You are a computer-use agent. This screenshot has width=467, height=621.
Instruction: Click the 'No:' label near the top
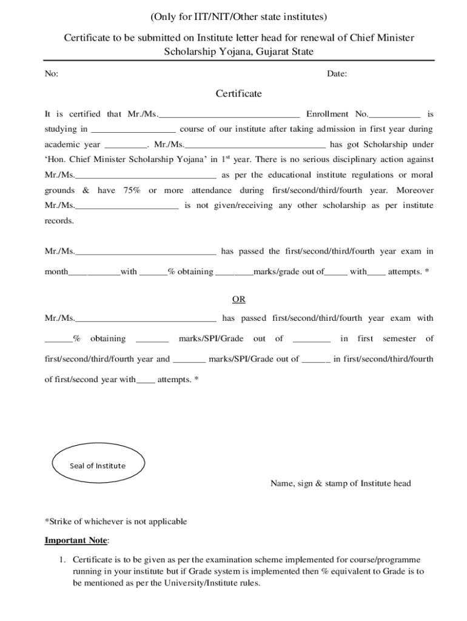(x=52, y=74)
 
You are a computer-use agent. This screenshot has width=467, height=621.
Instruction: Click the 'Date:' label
(x=337, y=74)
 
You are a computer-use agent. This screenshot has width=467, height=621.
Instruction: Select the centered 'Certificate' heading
(x=239, y=93)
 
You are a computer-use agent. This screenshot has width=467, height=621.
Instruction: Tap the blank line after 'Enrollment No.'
(x=394, y=115)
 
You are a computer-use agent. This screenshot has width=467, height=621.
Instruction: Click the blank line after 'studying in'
(x=133, y=130)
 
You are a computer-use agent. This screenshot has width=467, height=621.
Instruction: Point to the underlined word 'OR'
(x=239, y=299)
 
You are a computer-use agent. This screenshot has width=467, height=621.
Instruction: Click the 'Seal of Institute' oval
(x=98, y=466)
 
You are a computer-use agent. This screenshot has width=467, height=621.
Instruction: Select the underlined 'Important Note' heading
(x=76, y=540)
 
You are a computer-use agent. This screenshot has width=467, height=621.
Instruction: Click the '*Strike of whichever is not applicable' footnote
(x=116, y=522)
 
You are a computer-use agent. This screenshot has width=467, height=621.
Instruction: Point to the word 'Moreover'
(x=415, y=190)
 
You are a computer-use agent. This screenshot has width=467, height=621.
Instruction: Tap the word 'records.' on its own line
(x=59, y=221)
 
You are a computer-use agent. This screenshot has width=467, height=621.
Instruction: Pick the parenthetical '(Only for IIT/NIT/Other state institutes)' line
(x=239, y=15)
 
